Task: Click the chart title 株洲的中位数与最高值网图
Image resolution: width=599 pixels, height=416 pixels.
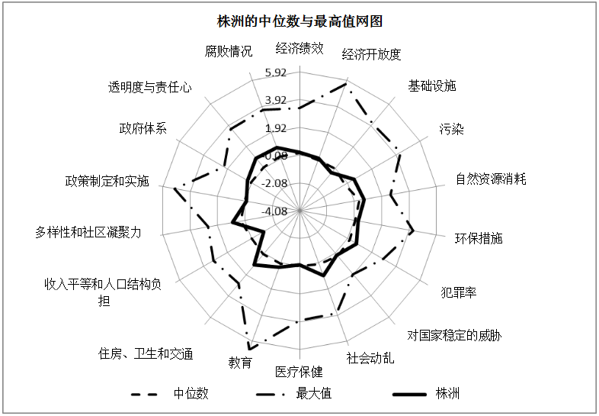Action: tap(299, 21)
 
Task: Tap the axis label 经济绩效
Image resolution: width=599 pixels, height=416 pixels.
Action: tap(299, 48)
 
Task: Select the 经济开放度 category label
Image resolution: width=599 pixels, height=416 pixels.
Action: tap(371, 54)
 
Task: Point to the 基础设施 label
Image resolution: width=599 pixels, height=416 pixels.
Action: tap(432, 85)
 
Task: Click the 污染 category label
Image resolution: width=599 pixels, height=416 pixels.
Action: tap(452, 129)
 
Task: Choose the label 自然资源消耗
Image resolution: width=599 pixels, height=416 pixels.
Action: tap(491, 179)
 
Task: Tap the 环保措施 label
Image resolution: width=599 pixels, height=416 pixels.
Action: tap(479, 238)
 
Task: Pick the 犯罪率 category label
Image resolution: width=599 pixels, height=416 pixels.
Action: tap(459, 293)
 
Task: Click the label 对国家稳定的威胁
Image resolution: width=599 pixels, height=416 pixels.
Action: tap(454, 336)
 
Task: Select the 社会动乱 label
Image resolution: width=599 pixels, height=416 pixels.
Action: tap(370, 358)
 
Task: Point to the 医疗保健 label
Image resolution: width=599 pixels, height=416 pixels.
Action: tap(299, 372)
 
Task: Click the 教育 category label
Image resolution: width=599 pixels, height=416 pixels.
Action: tap(240, 362)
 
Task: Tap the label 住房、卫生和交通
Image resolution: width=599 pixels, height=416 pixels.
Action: tap(146, 353)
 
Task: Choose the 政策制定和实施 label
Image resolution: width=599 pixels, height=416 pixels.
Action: tap(107, 181)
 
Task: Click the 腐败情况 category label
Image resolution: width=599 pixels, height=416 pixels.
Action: tap(229, 51)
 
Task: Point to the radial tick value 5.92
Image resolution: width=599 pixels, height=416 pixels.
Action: tap(275, 73)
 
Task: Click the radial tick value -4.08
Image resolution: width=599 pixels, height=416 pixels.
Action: tap(274, 211)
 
